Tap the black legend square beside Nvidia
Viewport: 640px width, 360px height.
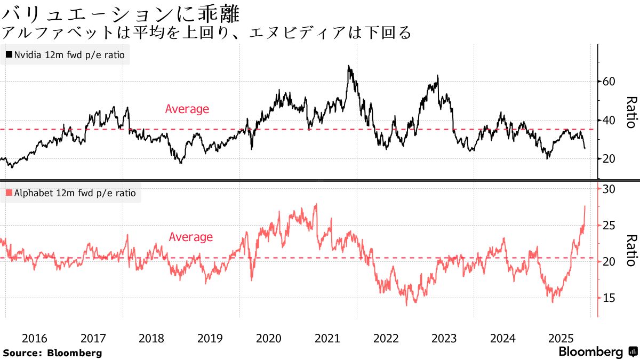pos(9,55)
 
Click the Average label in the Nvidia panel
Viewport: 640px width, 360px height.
pos(187,109)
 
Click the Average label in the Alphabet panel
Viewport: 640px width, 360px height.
pos(190,237)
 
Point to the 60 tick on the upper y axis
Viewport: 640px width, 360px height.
pos(610,82)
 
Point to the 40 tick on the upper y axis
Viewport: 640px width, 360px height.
pos(610,121)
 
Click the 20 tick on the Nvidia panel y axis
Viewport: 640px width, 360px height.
pos(610,159)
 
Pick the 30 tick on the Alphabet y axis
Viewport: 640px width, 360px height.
pos(610,189)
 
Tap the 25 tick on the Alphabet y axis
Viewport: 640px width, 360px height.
pos(610,226)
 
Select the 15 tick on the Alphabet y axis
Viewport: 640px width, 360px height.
pos(610,298)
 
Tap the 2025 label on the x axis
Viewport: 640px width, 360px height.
pos(561,338)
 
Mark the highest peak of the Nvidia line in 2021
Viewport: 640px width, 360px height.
pos(348,66)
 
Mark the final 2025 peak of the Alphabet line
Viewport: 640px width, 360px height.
pos(585,206)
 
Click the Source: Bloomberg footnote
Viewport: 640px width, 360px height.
pos(52,353)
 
